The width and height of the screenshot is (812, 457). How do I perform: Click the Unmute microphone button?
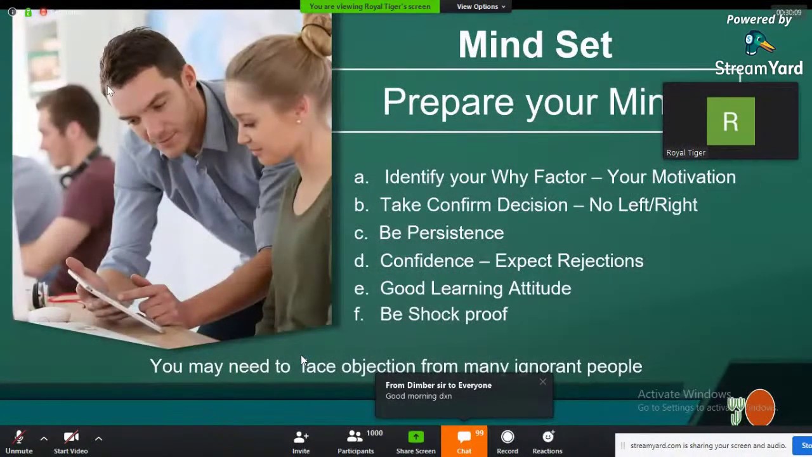click(x=19, y=442)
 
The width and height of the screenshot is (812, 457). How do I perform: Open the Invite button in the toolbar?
click(x=301, y=442)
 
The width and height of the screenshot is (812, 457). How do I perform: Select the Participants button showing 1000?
click(x=355, y=442)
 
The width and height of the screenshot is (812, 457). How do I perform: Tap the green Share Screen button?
click(x=416, y=442)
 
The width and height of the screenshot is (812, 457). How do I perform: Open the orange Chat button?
click(x=464, y=442)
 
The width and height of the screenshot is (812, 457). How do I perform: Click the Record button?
click(x=507, y=442)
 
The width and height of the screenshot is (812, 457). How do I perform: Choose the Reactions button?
click(x=547, y=442)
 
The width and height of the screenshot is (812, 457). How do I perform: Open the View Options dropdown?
click(x=481, y=6)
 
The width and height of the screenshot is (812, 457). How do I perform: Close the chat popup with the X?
click(x=542, y=382)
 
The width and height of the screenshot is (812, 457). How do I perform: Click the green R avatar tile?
click(x=730, y=121)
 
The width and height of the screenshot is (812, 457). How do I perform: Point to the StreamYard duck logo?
click(x=759, y=44)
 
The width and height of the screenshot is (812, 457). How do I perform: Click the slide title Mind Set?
click(x=535, y=44)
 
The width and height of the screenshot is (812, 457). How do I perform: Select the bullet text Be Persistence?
click(x=441, y=233)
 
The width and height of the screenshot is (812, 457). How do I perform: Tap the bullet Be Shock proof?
click(x=443, y=314)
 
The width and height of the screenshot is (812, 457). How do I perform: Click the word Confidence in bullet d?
click(x=426, y=261)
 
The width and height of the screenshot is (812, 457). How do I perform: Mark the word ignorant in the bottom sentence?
click(x=547, y=366)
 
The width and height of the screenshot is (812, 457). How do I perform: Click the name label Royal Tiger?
click(x=686, y=153)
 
